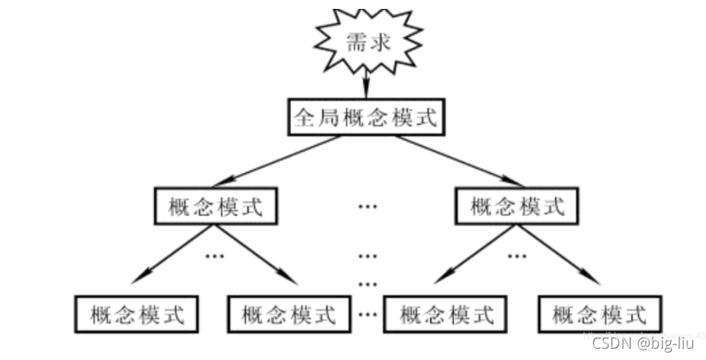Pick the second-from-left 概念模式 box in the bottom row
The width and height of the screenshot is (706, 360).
[287, 312]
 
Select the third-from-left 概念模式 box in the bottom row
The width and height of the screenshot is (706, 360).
[445, 312]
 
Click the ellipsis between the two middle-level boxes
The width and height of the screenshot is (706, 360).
[367, 207]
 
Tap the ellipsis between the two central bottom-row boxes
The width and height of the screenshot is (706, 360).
[368, 312]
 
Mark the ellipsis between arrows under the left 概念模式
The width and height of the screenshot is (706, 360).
[215, 256]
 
